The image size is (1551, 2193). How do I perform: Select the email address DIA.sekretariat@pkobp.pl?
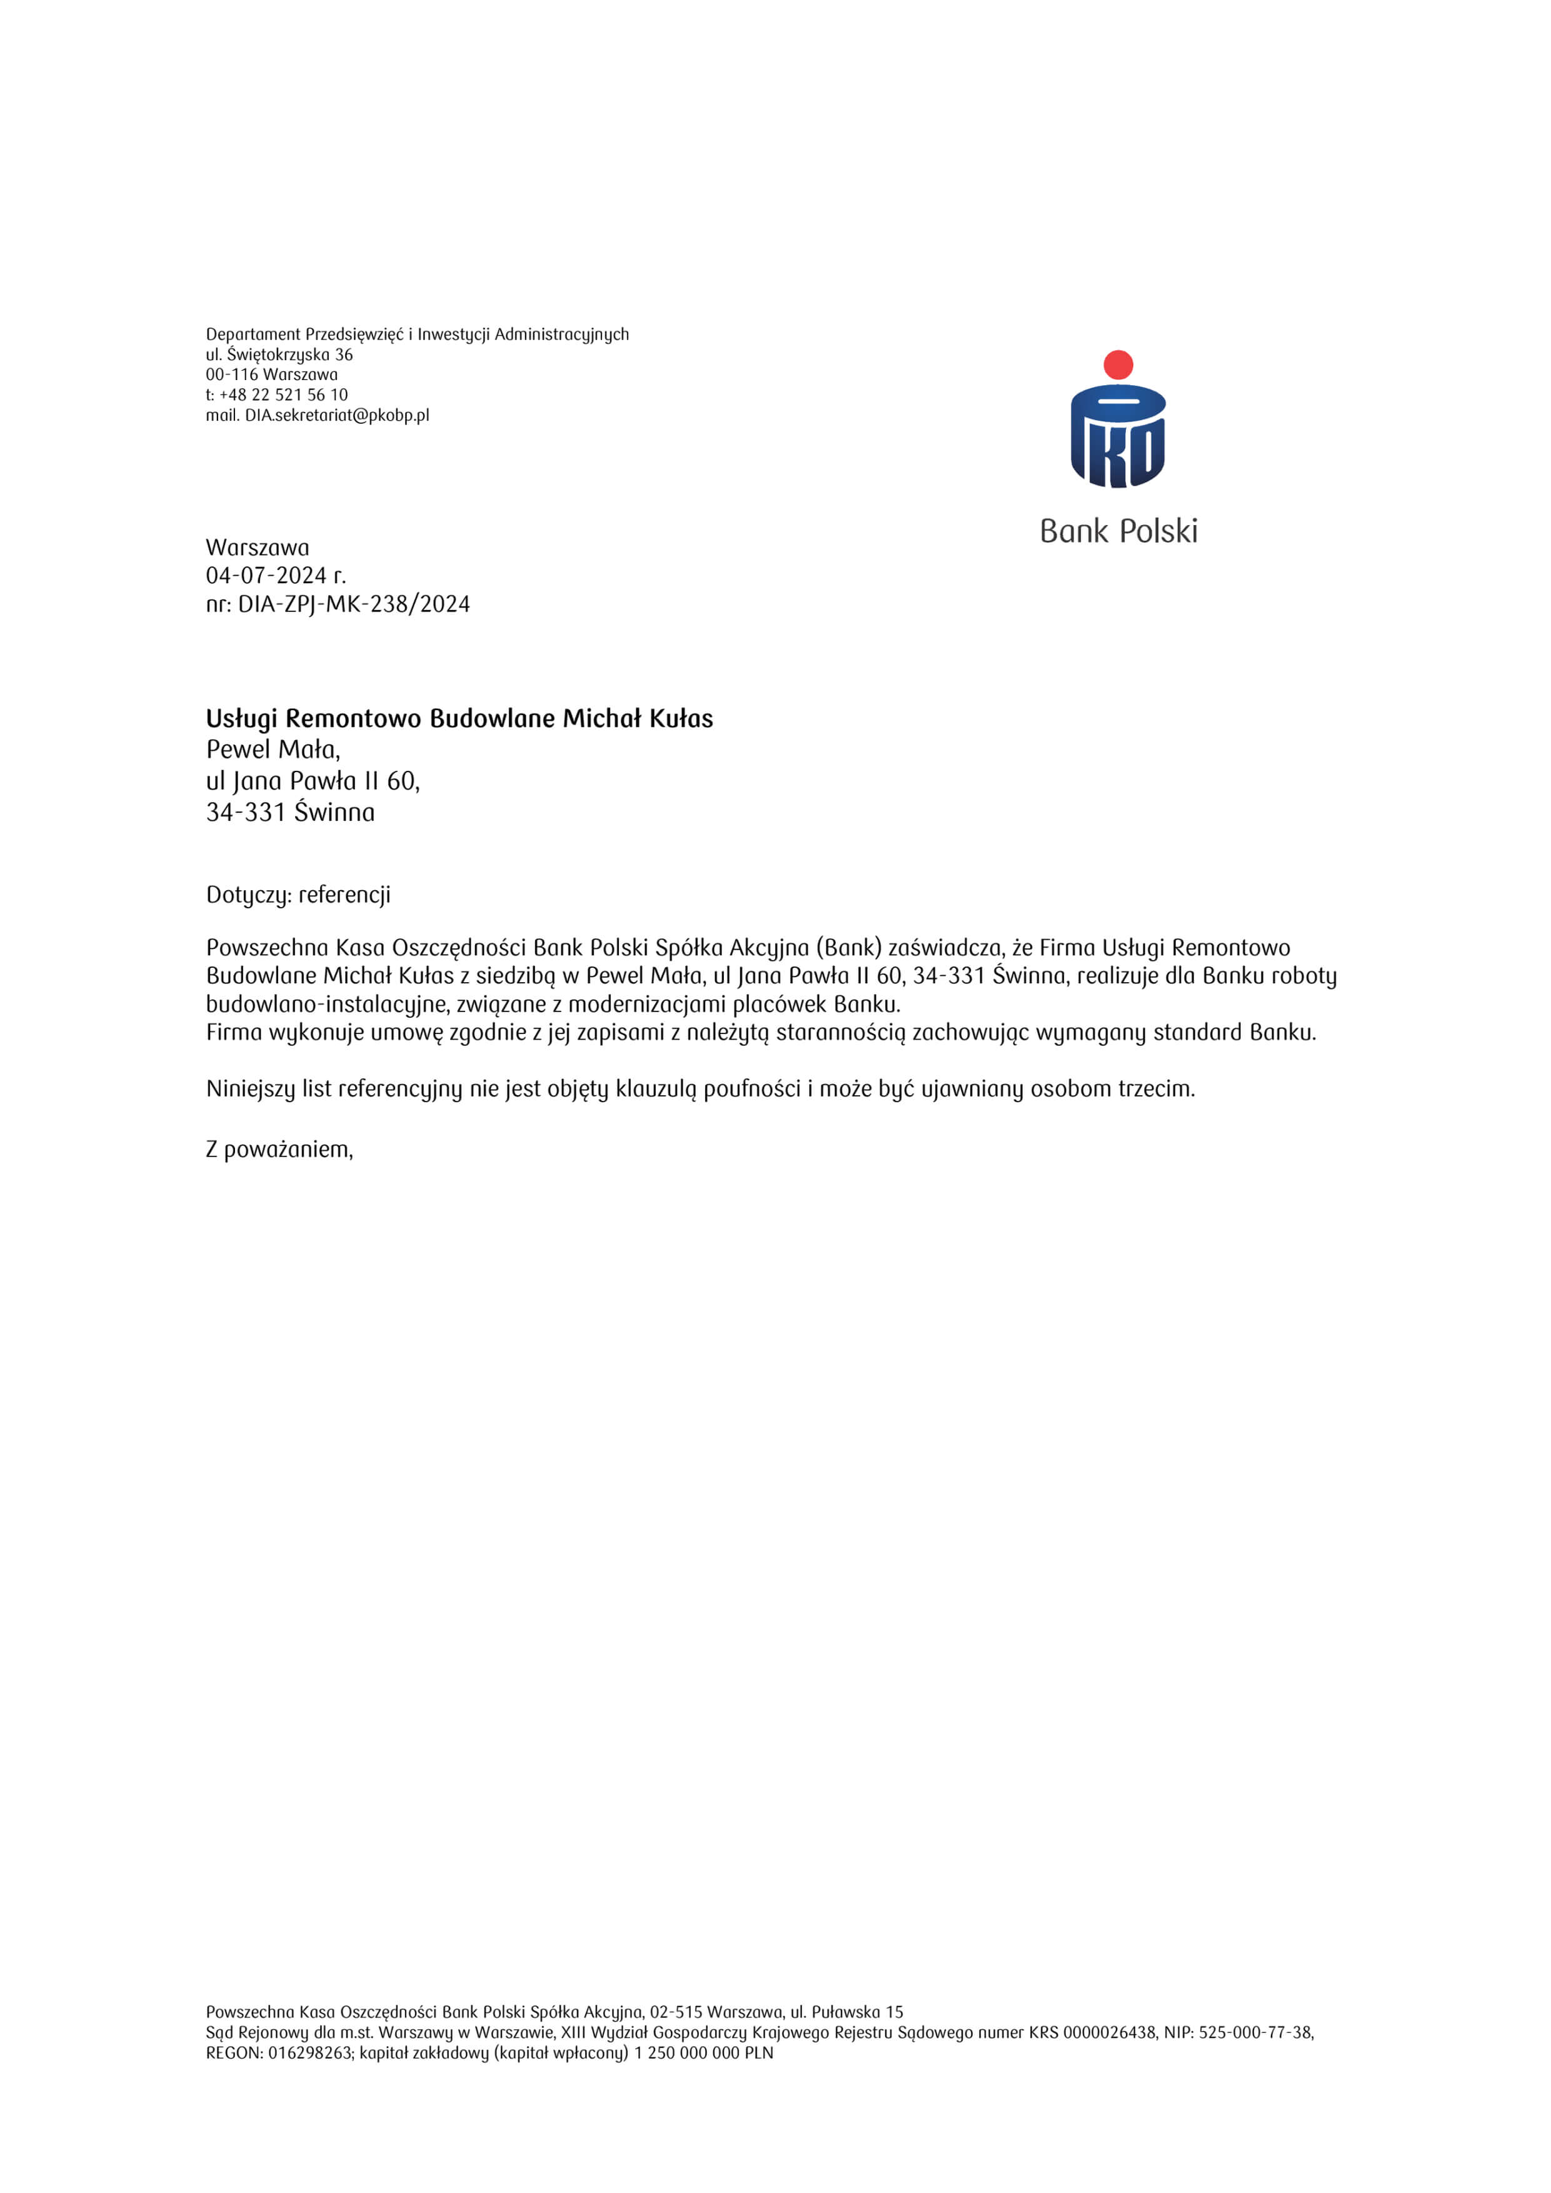click(337, 416)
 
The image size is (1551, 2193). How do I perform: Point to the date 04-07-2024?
click(266, 576)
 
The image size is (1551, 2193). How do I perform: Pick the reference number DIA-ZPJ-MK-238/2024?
click(353, 605)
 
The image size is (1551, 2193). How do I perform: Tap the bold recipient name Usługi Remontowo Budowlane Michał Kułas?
click(459, 718)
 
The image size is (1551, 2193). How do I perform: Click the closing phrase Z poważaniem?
click(279, 1149)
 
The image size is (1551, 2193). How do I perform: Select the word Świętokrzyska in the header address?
click(278, 355)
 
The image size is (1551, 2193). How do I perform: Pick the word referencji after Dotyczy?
click(345, 895)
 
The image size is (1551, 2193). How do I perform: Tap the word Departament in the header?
click(253, 334)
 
